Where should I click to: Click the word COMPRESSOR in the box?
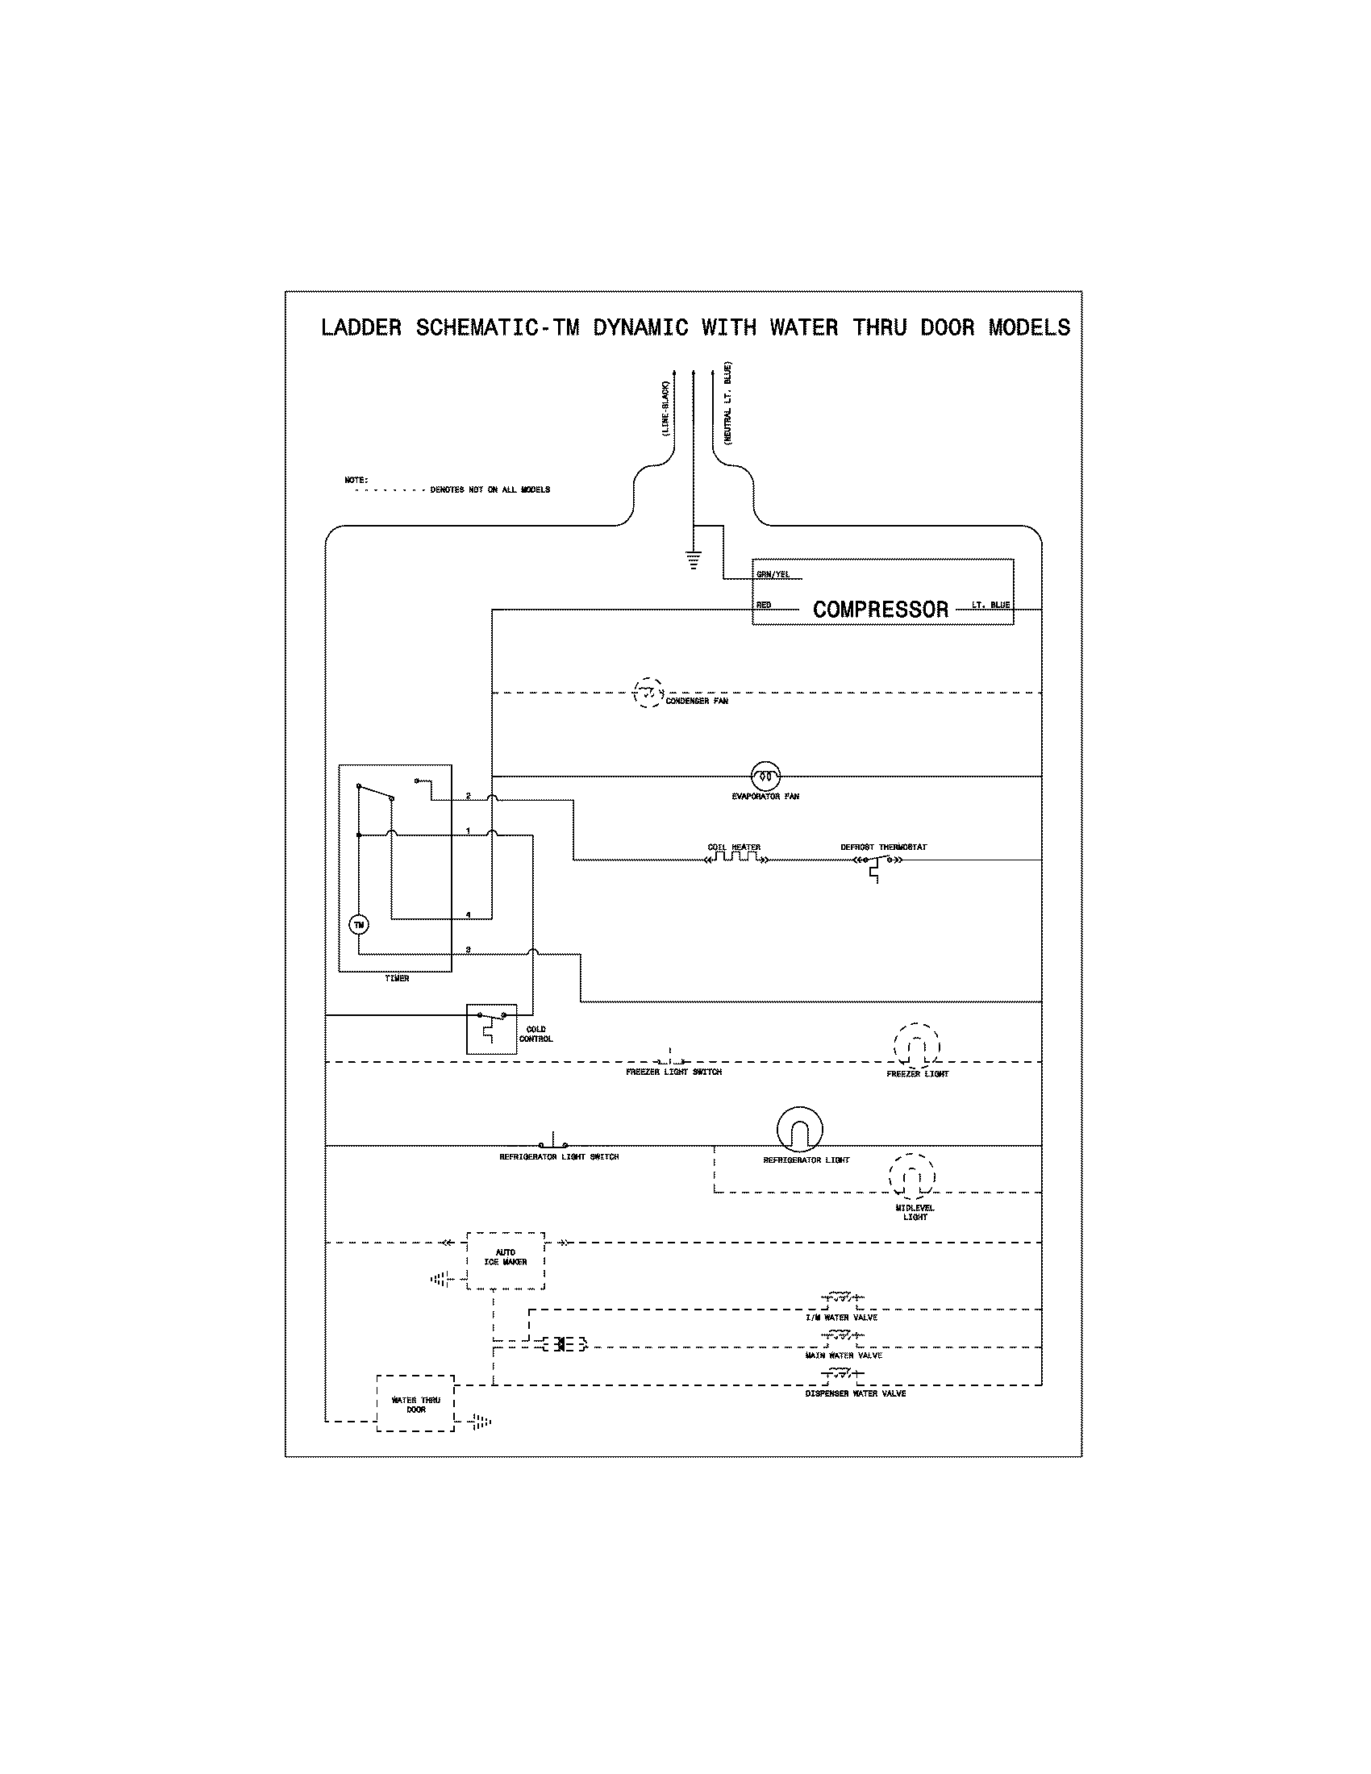point(881,610)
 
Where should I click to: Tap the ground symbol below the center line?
point(693,560)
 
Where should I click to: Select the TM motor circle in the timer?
point(359,924)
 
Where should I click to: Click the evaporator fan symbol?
point(765,777)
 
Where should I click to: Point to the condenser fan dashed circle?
point(648,693)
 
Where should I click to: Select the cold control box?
point(491,1028)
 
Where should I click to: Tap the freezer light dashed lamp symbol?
point(917,1047)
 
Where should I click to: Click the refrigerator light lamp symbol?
point(799,1129)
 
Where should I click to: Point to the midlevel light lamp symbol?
point(911,1176)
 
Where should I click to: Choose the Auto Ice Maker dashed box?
point(505,1260)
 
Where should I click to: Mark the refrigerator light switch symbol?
point(554,1143)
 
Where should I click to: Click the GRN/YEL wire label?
point(773,575)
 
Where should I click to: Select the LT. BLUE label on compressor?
point(990,605)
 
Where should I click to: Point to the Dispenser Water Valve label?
point(855,1394)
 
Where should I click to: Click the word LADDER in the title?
point(361,327)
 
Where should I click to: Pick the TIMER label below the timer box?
point(396,979)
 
